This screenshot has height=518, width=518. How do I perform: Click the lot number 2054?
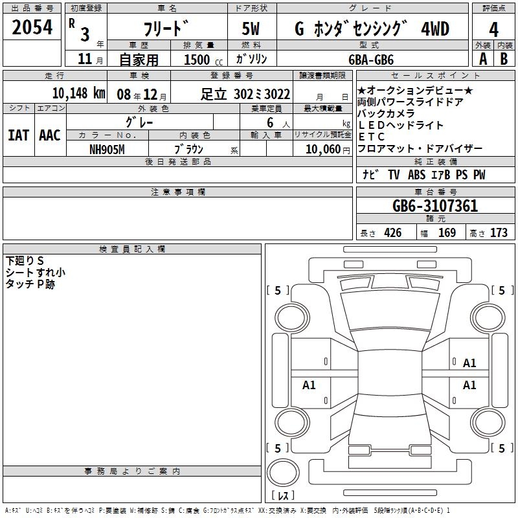click(32, 27)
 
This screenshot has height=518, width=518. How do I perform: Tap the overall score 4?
click(493, 30)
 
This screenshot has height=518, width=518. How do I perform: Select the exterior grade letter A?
click(483, 59)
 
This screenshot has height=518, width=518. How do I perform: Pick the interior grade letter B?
click(504, 59)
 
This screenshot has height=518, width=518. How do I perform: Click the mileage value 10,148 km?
click(79, 93)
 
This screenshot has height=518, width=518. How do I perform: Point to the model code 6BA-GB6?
click(371, 60)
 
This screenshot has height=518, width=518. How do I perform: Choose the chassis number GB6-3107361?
click(435, 206)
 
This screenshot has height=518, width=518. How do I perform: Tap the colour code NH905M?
click(107, 150)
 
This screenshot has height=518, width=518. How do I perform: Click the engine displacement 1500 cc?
click(203, 60)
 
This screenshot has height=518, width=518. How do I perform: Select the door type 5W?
click(251, 28)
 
